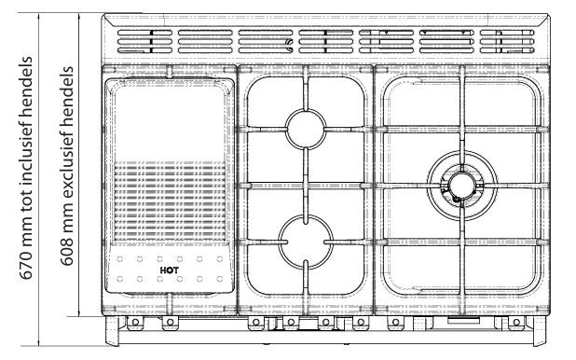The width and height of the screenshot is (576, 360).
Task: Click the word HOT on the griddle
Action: (170, 270)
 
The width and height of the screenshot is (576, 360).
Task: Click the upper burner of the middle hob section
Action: (306, 129)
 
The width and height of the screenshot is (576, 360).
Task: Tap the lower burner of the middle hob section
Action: (306, 242)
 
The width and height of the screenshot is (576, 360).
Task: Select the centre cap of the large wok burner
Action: (461, 186)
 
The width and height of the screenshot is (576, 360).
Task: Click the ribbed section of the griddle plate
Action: (170, 201)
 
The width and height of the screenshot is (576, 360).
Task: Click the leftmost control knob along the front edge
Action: (135, 323)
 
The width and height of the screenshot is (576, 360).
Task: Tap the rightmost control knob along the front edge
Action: (516, 323)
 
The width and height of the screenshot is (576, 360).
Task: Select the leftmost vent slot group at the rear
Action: (144, 42)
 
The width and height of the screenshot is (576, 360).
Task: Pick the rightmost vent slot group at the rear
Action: (507, 42)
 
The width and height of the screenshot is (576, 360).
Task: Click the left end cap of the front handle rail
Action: (112, 331)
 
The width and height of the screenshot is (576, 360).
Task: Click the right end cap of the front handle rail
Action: (540, 331)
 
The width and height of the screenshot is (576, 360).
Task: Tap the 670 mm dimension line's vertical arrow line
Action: (39, 179)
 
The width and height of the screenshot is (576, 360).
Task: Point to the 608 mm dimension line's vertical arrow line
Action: (79, 165)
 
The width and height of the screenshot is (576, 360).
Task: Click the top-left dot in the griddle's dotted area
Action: (119, 259)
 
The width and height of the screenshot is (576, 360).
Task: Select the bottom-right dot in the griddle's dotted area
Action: (219, 279)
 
